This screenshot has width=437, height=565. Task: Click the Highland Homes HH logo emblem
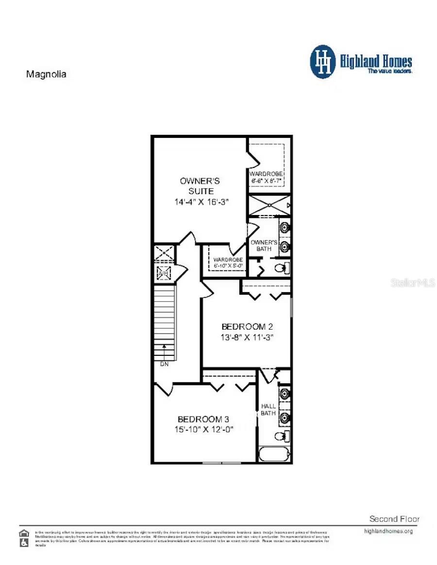coord(323,62)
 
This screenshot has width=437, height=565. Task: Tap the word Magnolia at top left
coord(46,74)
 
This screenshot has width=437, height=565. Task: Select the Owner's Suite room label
coord(200,186)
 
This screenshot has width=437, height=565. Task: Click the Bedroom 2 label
coord(244,327)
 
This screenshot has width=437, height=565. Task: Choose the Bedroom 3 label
coord(203,419)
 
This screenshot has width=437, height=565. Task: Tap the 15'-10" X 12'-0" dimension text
coord(204,430)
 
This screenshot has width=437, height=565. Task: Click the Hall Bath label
coord(268,410)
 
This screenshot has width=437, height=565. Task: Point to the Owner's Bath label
coord(264,245)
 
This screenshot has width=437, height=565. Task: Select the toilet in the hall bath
coord(281,436)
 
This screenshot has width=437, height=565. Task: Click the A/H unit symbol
coord(163,273)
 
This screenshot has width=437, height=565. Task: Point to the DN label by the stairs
coord(164,364)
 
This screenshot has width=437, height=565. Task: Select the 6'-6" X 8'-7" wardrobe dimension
coord(266,181)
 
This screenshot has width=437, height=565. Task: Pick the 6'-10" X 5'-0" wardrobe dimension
coord(228,266)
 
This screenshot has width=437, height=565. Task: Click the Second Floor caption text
coord(394,519)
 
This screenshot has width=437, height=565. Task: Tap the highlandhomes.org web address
coord(388,531)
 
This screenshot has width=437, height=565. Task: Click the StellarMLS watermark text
coord(413,282)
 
